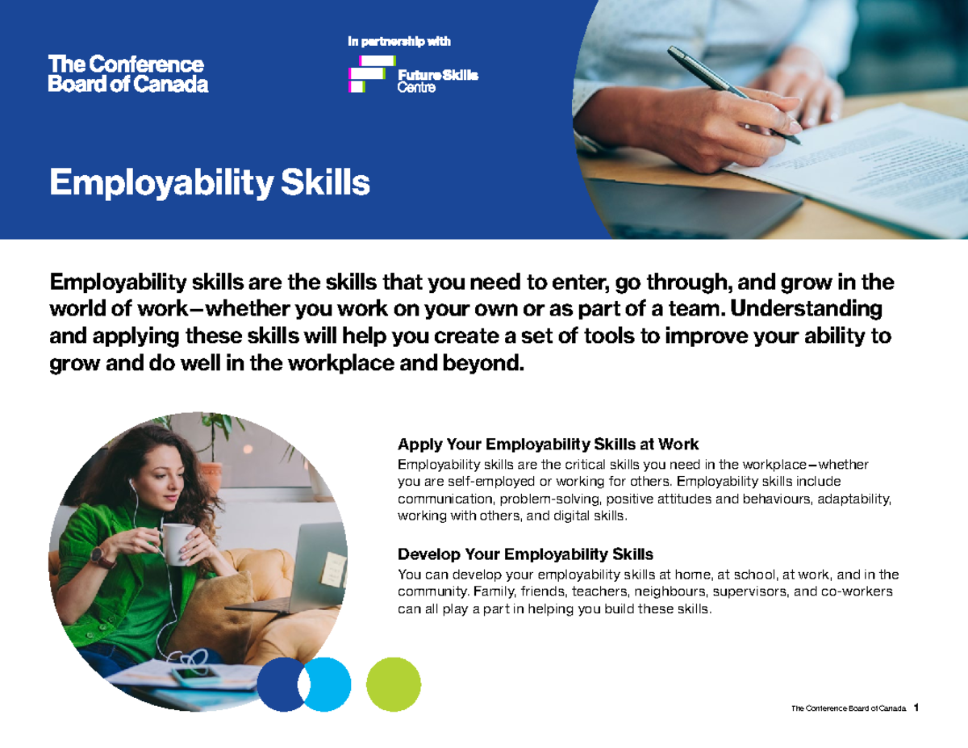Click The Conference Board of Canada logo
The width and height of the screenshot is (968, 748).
point(128,73)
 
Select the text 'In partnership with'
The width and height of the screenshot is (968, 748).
point(398,41)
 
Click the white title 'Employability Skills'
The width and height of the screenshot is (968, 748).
point(210,183)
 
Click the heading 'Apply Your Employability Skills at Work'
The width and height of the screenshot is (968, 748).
point(548,445)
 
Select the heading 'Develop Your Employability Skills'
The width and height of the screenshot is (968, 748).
point(525,554)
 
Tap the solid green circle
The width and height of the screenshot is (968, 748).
point(394,683)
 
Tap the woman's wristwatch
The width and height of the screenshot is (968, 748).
point(102,556)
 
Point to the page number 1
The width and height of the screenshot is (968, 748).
point(917,708)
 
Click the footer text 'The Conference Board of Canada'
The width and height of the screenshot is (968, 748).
point(849,708)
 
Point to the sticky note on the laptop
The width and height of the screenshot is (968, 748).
point(331,570)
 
